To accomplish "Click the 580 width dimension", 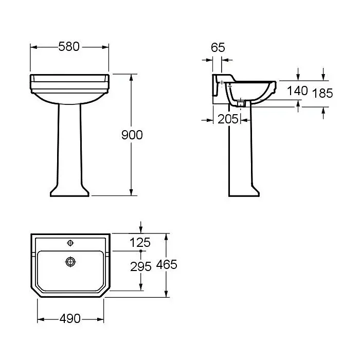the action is [x=69, y=46].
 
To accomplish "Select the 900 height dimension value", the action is [x=132, y=135].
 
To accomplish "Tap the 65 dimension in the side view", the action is [x=218, y=47].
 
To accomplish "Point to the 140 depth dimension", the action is [x=297, y=91].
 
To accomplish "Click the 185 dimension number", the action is [x=322, y=93].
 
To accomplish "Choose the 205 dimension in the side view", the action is [x=228, y=119].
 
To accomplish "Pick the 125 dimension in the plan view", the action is [x=140, y=242].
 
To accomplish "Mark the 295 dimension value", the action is [x=141, y=266].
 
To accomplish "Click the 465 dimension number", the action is [x=167, y=264].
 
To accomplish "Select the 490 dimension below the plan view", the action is [x=70, y=319].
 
